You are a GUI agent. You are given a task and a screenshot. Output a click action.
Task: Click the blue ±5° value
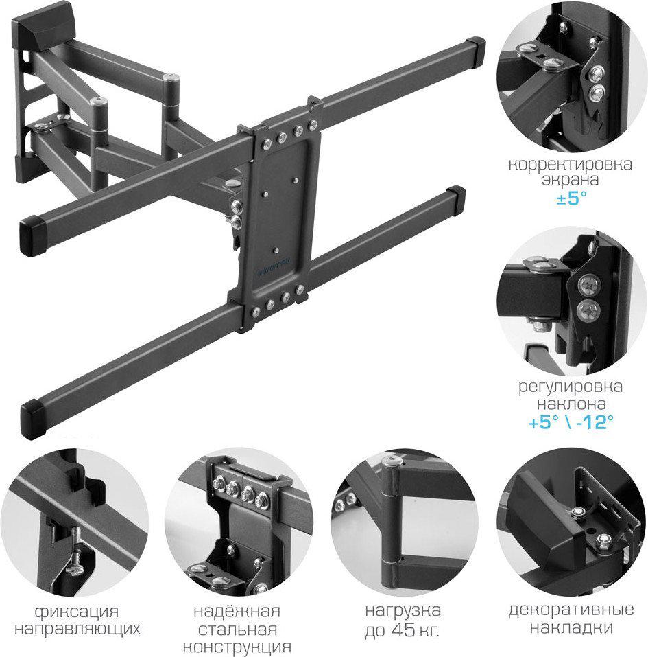click(571, 197)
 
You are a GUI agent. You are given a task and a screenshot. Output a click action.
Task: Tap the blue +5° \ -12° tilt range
click(571, 422)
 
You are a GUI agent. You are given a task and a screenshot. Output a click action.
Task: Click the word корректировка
click(570, 164)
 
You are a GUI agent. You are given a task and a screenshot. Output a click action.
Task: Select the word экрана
click(571, 180)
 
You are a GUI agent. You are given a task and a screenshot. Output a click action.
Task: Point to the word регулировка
click(571, 387)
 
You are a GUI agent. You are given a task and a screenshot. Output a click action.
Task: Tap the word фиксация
click(77, 612)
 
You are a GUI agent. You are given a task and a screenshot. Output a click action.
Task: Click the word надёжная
click(237, 611)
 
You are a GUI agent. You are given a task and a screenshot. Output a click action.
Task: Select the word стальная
click(237, 630)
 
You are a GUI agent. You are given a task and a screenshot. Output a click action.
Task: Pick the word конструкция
click(237, 647)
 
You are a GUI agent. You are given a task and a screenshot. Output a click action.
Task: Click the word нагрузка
click(403, 611)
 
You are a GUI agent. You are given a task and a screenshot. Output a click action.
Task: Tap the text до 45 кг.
click(402, 630)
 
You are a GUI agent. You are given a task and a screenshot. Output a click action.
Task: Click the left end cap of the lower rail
click(34, 419)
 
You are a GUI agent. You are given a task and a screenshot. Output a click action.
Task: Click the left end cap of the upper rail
click(34, 236)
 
